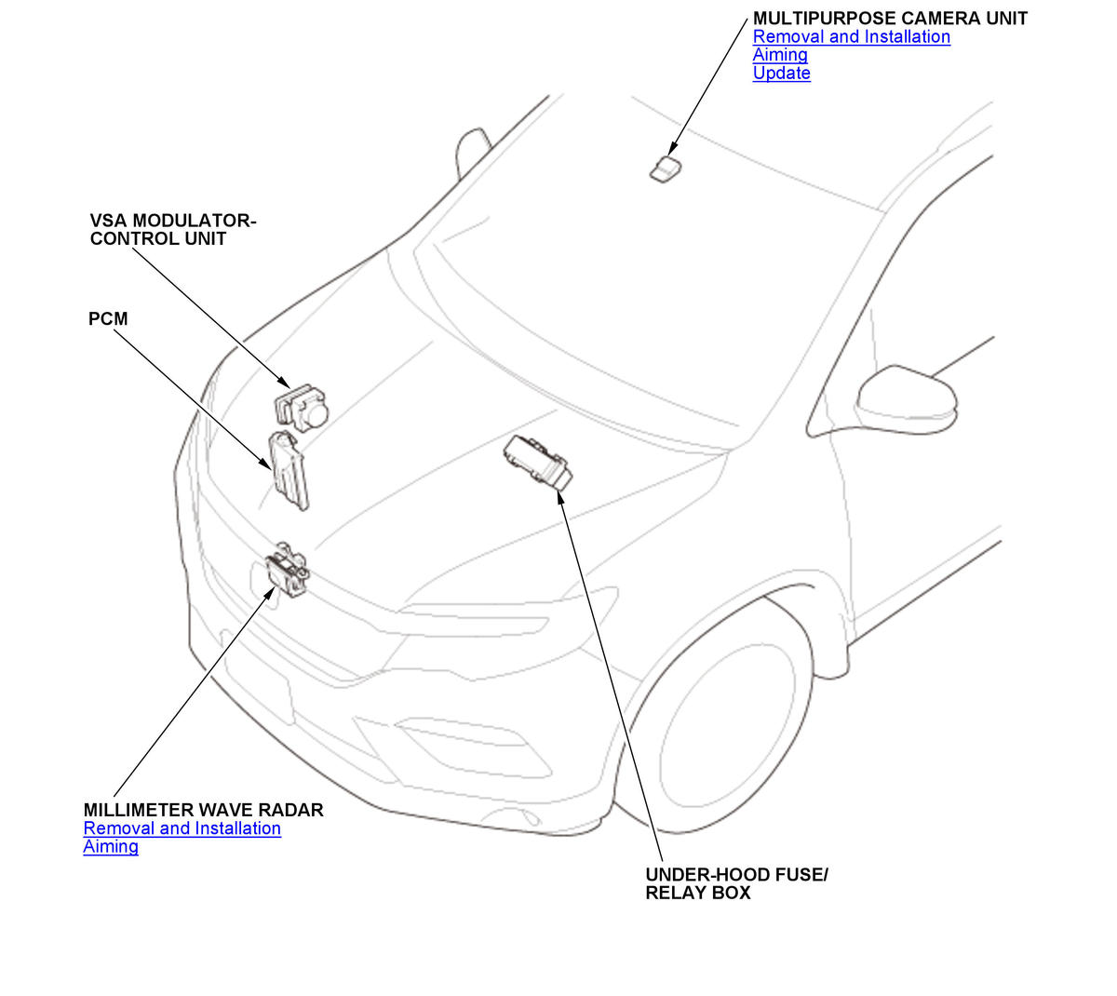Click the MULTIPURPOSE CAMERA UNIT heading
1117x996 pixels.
(x=890, y=19)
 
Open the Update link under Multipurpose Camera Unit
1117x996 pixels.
(x=781, y=73)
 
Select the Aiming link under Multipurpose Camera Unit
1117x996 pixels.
(x=780, y=55)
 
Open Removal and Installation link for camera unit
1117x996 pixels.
(x=852, y=36)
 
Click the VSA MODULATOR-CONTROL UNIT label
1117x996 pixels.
(x=172, y=229)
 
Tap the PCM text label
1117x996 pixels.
(x=108, y=318)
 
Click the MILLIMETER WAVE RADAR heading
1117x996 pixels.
(x=204, y=810)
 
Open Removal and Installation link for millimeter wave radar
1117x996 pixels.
(x=182, y=828)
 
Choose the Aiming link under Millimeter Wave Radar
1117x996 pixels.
(x=110, y=846)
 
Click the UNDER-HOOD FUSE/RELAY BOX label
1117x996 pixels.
(x=736, y=883)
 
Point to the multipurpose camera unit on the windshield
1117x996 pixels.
(x=665, y=168)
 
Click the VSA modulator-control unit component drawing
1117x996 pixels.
(x=302, y=408)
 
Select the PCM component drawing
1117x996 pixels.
(x=289, y=470)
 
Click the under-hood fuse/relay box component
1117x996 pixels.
(x=537, y=462)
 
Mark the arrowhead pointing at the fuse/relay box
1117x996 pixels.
(x=560, y=497)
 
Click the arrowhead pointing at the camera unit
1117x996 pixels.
(x=672, y=149)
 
